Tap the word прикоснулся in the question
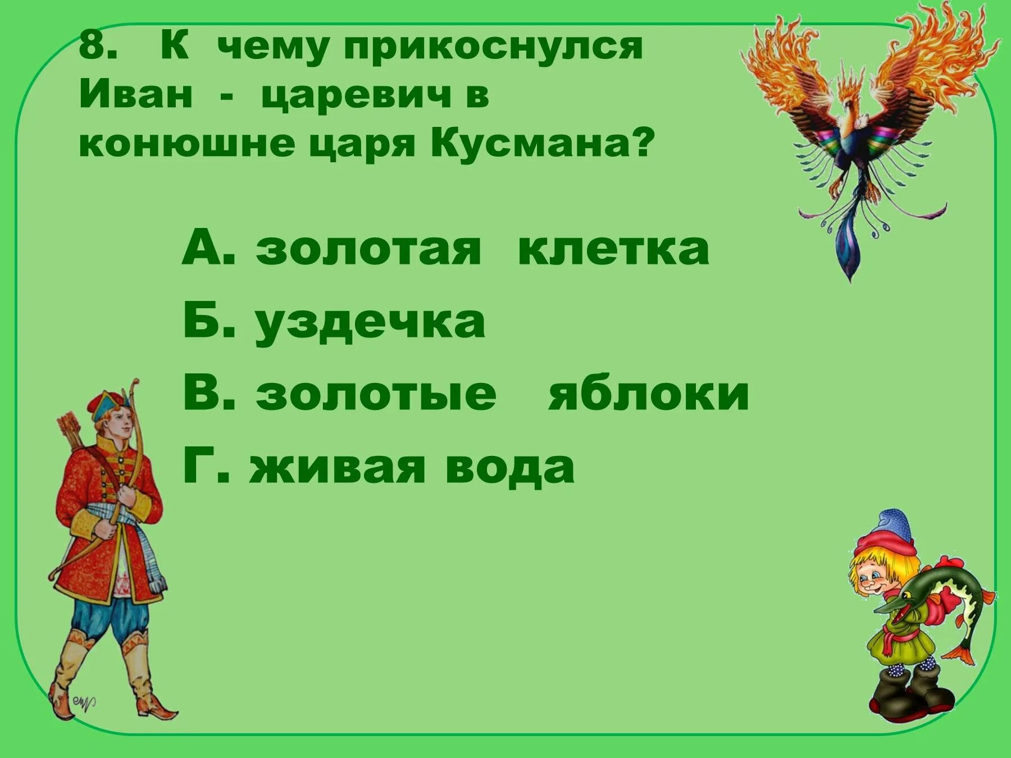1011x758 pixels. pyautogui.click(x=493, y=47)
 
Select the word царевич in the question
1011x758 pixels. pyautogui.click(x=357, y=95)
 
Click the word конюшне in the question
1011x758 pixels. pyautogui.click(x=186, y=144)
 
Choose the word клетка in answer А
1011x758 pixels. pyautogui.click(x=613, y=249)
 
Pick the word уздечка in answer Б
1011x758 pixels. pyautogui.click(x=371, y=323)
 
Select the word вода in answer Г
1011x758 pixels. pyautogui.click(x=509, y=467)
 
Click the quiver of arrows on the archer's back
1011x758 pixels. pyautogui.click(x=72, y=430)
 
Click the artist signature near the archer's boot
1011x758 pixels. pyautogui.click(x=83, y=702)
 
